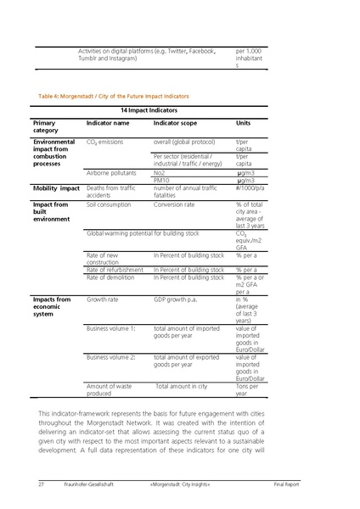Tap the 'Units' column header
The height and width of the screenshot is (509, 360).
[x=243, y=124]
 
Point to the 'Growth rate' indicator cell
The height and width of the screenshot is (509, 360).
[x=103, y=299]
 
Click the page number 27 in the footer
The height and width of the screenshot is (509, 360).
[x=41, y=484]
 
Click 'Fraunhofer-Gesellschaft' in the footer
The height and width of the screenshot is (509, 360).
[x=87, y=484]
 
